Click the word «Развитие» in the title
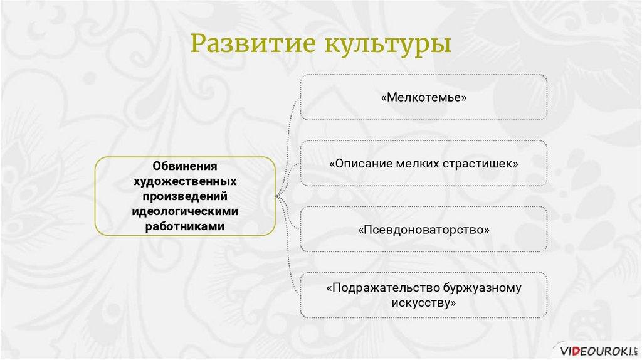point(253,43)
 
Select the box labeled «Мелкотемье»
point(424,97)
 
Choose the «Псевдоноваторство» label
point(424,230)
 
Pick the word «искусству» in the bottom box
point(424,303)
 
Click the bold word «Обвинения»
point(185,166)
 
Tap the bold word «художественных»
point(185,181)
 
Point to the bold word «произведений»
point(185,196)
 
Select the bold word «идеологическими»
point(185,211)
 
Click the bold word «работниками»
point(185,226)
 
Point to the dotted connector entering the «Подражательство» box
point(288,246)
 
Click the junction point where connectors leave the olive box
point(276,196)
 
